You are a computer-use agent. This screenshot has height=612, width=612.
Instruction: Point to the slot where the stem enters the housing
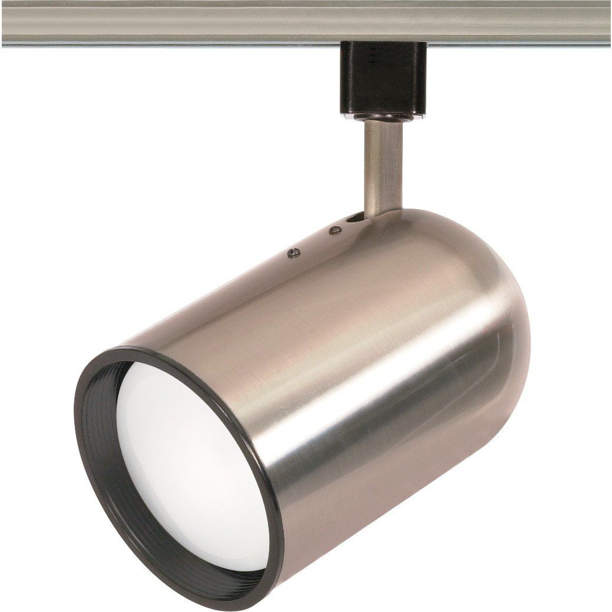[x=355, y=219]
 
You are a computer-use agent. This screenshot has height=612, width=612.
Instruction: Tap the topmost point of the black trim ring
[x=141, y=349]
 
